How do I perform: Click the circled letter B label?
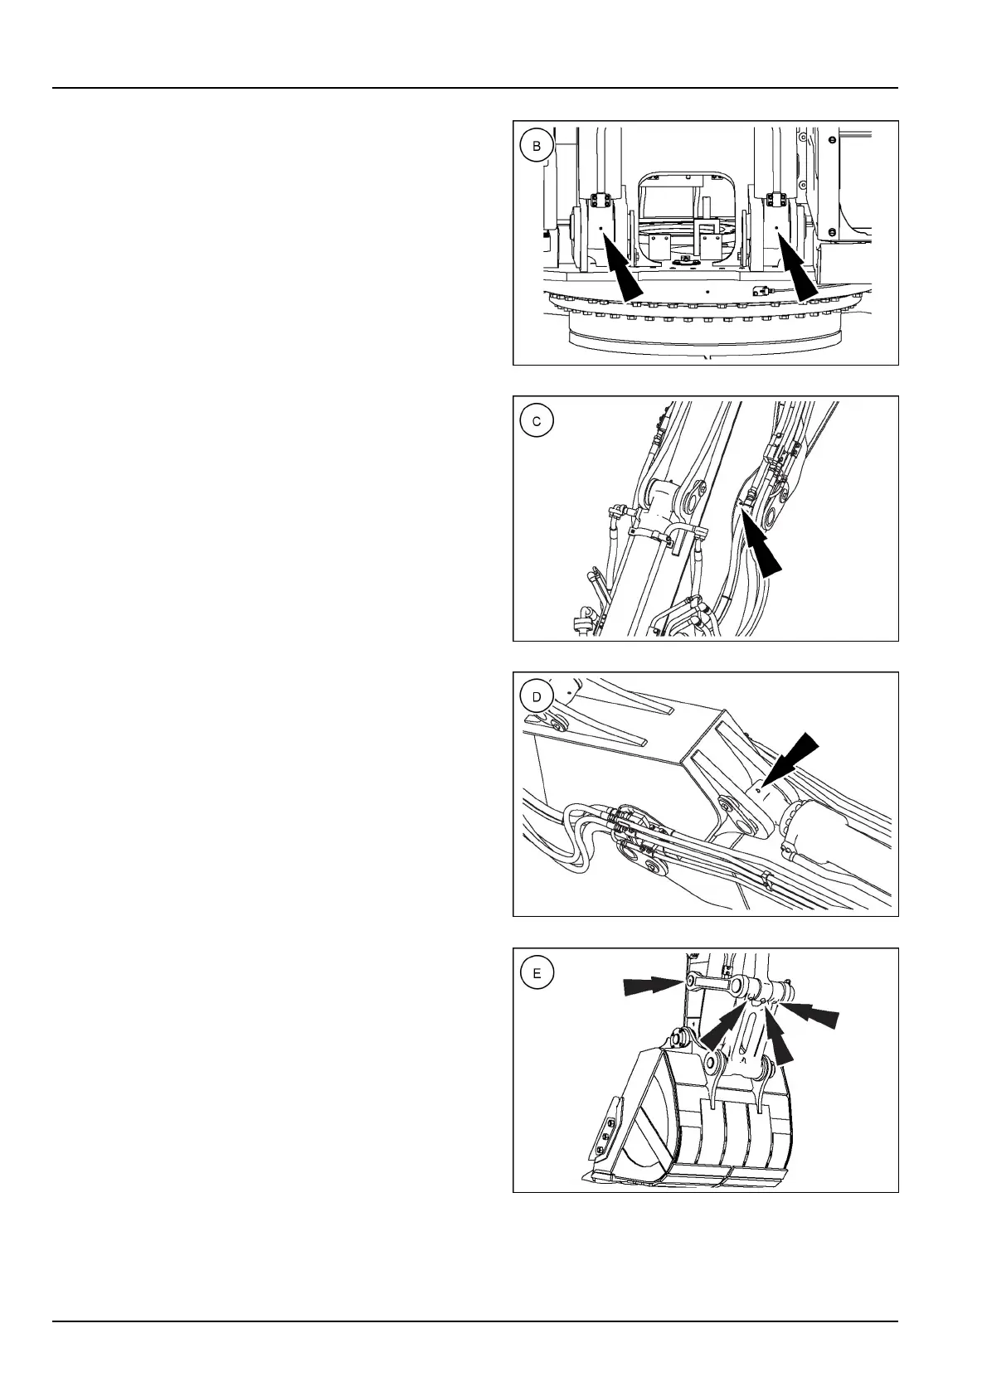537,147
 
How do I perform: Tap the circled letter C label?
537,421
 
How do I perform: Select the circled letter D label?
537,697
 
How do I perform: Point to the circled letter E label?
537,973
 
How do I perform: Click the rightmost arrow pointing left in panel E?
811,1015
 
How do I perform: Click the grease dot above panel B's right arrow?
777,232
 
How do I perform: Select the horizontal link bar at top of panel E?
714,983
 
